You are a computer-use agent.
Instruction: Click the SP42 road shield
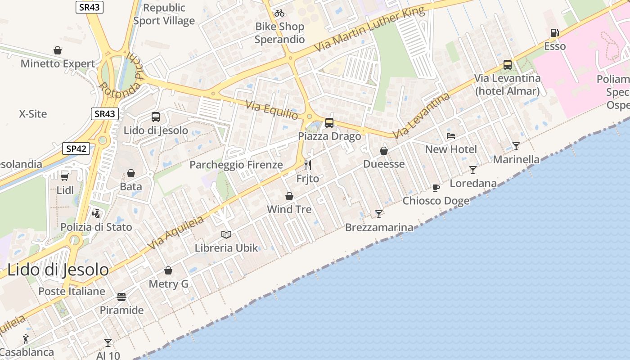pyautogui.click(x=76, y=148)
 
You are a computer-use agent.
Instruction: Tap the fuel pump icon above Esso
pyautogui.click(x=554, y=33)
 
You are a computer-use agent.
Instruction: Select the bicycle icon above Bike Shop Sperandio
pyautogui.click(x=279, y=13)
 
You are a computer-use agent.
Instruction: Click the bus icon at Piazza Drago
pyautogui.click(x=329, y=122)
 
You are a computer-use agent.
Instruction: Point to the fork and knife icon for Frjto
pyautogui.click(x=308, y=165)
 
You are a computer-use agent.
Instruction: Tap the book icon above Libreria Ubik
pyautogui.click(x=226, y=234)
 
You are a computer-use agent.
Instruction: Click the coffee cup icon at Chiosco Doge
pyautogui.click(x=436, y=188)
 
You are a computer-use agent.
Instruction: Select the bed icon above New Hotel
pyautogui.click(x=451, y=135)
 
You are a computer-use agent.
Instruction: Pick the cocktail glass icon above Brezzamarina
pyautogui.click(x=379, y=214)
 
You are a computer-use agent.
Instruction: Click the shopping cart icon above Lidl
pyautogui.click(x=65, y=176)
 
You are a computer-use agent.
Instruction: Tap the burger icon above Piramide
pyautogui.click(x=121, y=297)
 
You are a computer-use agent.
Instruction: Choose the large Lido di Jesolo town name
pyautogui.click(x=58, y=270)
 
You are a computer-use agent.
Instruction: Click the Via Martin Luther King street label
pyautogui.click(x=369, y=30)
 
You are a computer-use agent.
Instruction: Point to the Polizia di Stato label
pyautogui.click(x=96, y=227)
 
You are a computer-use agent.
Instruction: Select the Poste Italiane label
pyautogui.click(x=72, y=291)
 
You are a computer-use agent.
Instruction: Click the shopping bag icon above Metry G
pyautogui.click(x=168, y=270)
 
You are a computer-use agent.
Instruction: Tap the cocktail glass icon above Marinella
pyautogui.click(x=516, y=146)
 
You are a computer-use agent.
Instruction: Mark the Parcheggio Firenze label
pyautogui.click(x=236, y=165)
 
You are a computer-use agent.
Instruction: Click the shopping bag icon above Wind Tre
pyautogui.click(x=289, y=196)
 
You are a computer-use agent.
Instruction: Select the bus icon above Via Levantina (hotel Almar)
pyautogui.click(x=508, y=65)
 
